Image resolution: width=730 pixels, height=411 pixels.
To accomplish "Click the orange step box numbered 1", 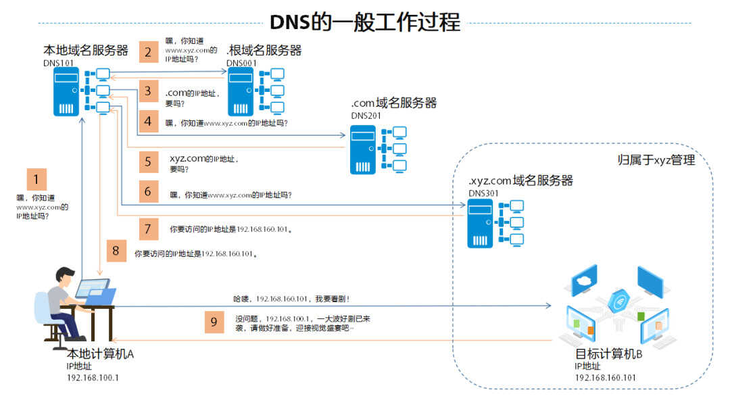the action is tap(36, 179).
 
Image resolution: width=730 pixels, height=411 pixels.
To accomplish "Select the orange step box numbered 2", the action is tap(148, 51).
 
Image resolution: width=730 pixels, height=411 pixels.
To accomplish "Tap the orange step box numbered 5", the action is tap(148, 162).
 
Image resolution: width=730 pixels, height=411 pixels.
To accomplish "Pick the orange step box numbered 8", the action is tap(116, 251).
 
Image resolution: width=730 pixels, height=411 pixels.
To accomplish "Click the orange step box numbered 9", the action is tap(214, 322).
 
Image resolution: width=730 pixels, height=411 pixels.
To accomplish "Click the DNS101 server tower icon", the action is tap(66, 92).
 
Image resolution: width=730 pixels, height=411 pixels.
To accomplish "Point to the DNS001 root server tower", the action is tap(240, 92).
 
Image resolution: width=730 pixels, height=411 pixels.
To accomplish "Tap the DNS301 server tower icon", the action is tap(480, 224).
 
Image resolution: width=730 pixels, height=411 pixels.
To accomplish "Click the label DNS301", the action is tap(483, 193).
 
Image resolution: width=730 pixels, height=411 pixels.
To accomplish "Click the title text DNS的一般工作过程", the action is tap(365, 22).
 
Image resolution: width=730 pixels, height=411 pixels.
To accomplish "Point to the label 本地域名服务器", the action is tap(86, 50).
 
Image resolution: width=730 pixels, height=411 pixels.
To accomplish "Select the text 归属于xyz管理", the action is tap(656, 160).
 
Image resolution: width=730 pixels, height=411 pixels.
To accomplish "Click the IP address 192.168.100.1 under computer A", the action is tap(93, 377).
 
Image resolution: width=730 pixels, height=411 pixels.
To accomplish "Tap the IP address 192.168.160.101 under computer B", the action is tap(605, 377).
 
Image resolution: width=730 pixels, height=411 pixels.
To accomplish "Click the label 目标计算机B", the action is tap(608, 354).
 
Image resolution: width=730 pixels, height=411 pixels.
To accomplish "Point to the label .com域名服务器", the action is tap(394, 103).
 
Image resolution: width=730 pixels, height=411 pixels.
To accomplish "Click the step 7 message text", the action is tap(231, 229).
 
